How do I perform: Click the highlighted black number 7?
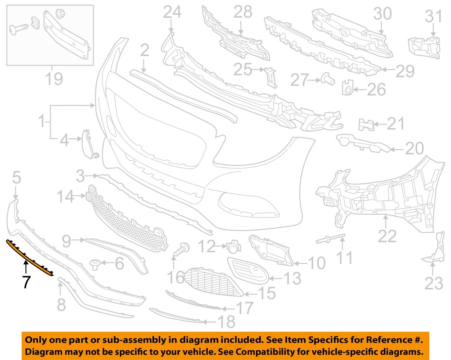(x=26, y=282)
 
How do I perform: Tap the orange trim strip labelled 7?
(x=30, y=258)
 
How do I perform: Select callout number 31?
(x=433, y=17)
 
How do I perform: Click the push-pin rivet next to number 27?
(x=328, y=79)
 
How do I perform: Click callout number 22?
(x=387, y=236)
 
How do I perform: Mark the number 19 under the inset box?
(x=54, y=79)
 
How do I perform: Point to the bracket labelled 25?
(x=271, y=76)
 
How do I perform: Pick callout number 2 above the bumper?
(x=145, y=51)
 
